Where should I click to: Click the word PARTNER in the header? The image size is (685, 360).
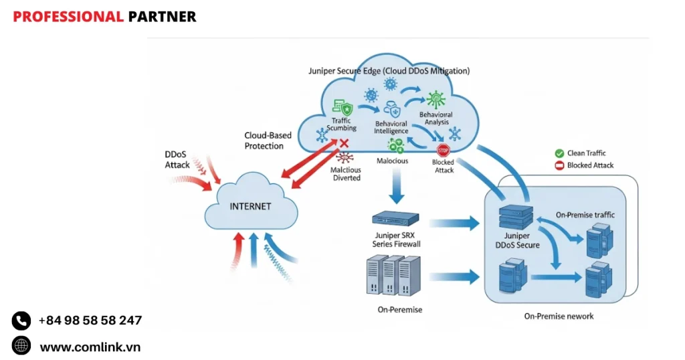[163, 17]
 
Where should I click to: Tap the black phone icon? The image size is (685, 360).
[21, 321]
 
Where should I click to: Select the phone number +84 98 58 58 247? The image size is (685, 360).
[90, 321]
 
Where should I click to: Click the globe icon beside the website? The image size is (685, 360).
[21, 346]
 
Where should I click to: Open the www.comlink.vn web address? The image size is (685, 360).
[90, 347]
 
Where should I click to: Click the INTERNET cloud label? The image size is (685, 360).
[250, 206]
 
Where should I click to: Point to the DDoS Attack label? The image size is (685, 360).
[177, 159]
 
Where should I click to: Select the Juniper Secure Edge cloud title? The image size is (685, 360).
[389, 70]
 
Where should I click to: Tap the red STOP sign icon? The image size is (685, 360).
[442, 150]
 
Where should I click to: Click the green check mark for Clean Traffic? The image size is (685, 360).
[559, 153]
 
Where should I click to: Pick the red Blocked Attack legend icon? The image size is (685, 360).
[559, 165]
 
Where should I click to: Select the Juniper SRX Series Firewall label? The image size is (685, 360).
[397, 240]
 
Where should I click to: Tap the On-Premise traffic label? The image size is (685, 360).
[585, 215]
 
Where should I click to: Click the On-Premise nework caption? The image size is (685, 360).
[559, 316]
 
